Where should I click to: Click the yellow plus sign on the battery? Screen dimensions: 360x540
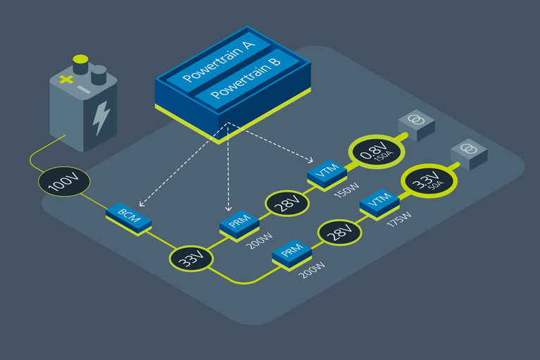click(65, 80)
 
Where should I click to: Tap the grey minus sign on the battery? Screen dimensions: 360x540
click(84, 90)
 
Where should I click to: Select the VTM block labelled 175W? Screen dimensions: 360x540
click(379, 203)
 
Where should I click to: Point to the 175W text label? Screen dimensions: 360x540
click(399, 223)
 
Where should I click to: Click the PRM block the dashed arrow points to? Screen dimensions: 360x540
click(239, 225)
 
